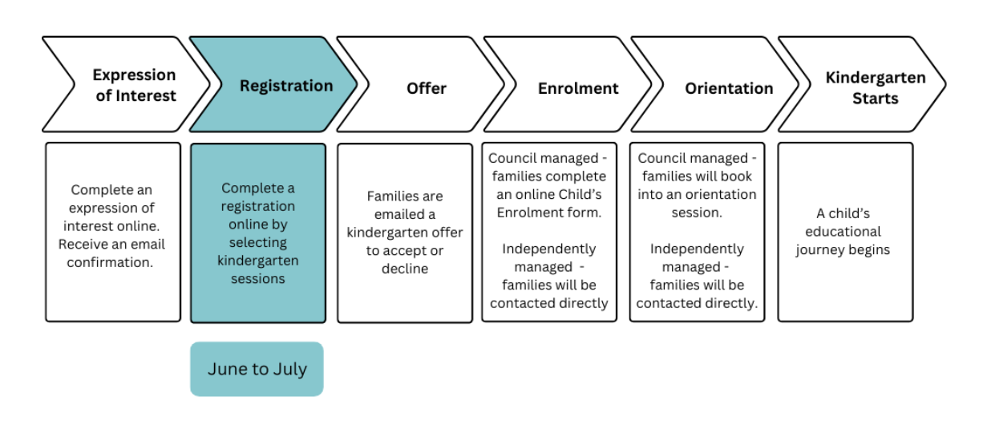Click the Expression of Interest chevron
128,85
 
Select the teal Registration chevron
277,85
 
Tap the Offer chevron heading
425,87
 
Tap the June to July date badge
257,370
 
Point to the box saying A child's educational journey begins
845,232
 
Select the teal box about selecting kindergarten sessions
258,233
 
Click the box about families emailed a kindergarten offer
405,233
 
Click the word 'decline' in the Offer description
405,269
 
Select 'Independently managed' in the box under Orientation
696,257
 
